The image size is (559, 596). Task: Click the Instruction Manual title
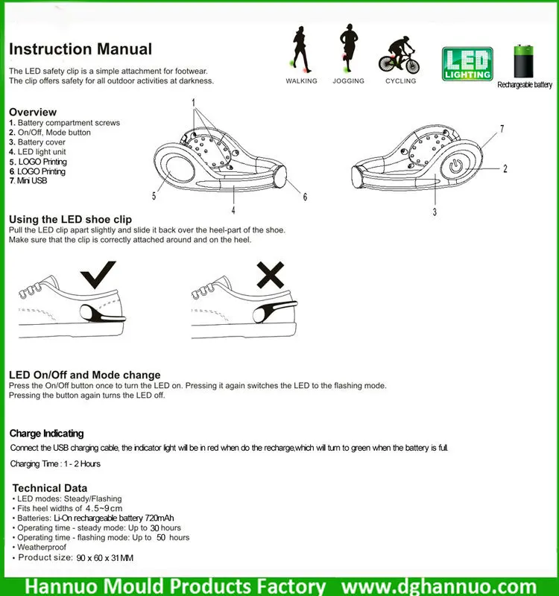pyautogui.click(x=80, y=50)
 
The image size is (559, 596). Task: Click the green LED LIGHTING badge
pyautogui.click(x=467, y=63)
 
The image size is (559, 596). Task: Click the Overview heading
pyautogui.click(x=33, y=112)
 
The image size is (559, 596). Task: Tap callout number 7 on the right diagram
pyautogui.click(x=502, y=129)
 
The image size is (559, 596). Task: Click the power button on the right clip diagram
pyautogui.click(x=455, y=167)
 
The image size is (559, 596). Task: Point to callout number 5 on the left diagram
pyautogui.click(x=155, y=197)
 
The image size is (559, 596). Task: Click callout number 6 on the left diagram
pyautogui.click(x=304, y=197)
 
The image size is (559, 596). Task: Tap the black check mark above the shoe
pyautogui.click(x=101, y=276)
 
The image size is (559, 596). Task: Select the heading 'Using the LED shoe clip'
pyautogui.click(x=70, y=219)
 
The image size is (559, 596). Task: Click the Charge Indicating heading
pyautogui.click(x=46, y=433)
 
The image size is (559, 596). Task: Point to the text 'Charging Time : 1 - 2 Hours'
pyautogui.click(x=55, y=463)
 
